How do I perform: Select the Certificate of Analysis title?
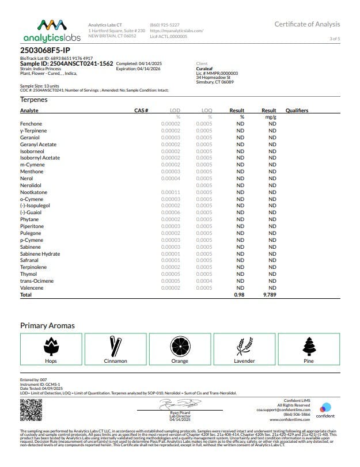(x=307, y=24)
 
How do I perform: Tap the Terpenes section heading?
(x=33, y=100)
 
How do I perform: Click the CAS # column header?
(x=141, y=110)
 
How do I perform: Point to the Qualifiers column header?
(x=297, y=110)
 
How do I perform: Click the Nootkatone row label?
(x=34, y=192)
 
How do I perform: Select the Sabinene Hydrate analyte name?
(x=40, y=254)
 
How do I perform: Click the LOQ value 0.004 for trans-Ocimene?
(x=203, y=281)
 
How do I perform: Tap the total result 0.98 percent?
(x=240, y=294)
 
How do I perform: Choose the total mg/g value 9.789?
(x=271, y=294)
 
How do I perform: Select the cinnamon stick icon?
(x=115, y=346)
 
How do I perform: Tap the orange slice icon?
(x=180, y=346)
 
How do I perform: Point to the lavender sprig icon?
(x=244, y=346)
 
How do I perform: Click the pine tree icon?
(x=309, y=346)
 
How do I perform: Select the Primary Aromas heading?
(x=47, y=325)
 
